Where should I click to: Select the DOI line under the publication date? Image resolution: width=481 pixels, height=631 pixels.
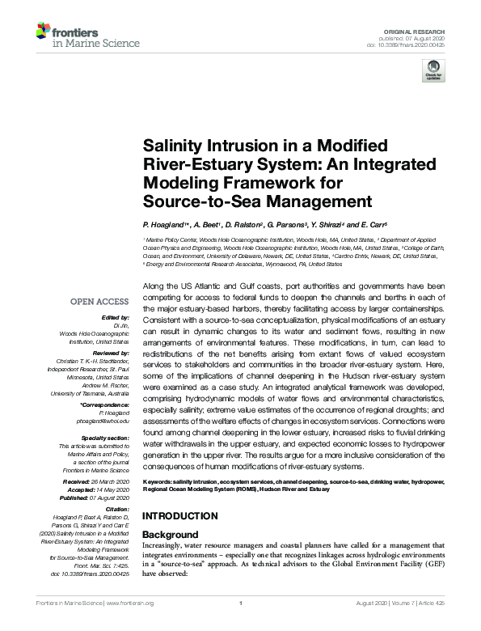[411, 44]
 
